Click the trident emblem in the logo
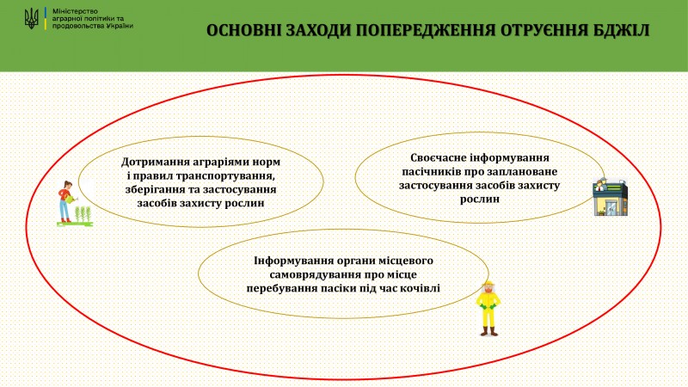(x=32, y=19)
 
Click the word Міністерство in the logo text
(x=75, y=11)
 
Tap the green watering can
(x=71, y=199)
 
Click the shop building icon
(x=610, y=198)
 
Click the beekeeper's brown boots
(x=488, y=331)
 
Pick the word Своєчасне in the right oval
(x=437, y=157)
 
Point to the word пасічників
(x=431, y=171)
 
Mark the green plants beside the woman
(x=83, y=214)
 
